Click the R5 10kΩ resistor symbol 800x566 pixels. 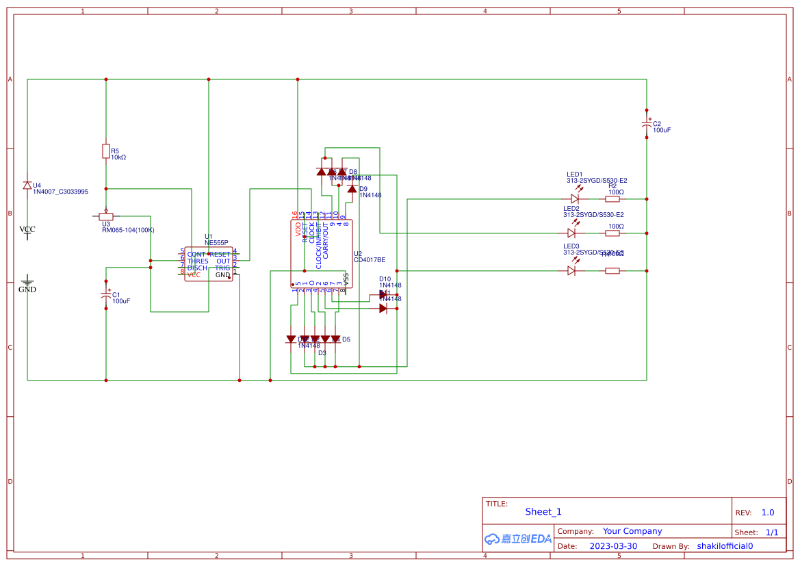click(x=106, y=151)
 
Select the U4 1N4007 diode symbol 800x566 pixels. click(x=27, y=185)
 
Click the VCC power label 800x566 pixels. click(x=27, y=230)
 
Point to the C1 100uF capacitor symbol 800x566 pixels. click(x=106, y=295)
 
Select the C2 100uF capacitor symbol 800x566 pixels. click(x=647, y=124)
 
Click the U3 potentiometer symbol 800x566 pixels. click(x=106, y=216)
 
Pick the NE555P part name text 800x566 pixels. click(x=216, y=243)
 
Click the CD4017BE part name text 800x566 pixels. click(x=370, y=260)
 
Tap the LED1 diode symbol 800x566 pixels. click(x=575, y=199)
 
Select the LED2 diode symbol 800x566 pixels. click(x=571, y=233)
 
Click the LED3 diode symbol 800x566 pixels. click(x=571, y=270)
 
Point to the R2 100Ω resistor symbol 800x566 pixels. click(x=612, y=199)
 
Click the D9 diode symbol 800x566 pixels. click(x=352, y=189)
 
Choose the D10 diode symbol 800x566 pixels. click(x=383, y=295)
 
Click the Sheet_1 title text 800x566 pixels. click(x=543, y=512)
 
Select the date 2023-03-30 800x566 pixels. click(x=613, y=546)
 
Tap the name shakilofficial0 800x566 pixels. click(x=725, y=546)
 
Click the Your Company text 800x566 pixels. click(x=632, y=531)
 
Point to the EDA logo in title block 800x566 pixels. click(x=518, y=539)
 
